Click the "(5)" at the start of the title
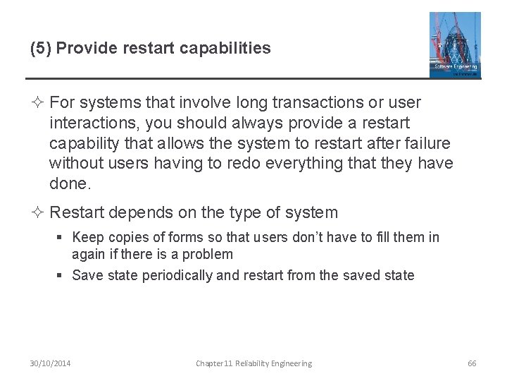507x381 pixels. click(39, 49)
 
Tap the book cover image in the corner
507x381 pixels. click(455, 44)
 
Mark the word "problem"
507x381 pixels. click(208, 254)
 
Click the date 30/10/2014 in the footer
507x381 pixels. click(51, 363)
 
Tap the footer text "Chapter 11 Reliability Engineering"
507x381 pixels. click(254, 363)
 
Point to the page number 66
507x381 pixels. click(472, 363)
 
